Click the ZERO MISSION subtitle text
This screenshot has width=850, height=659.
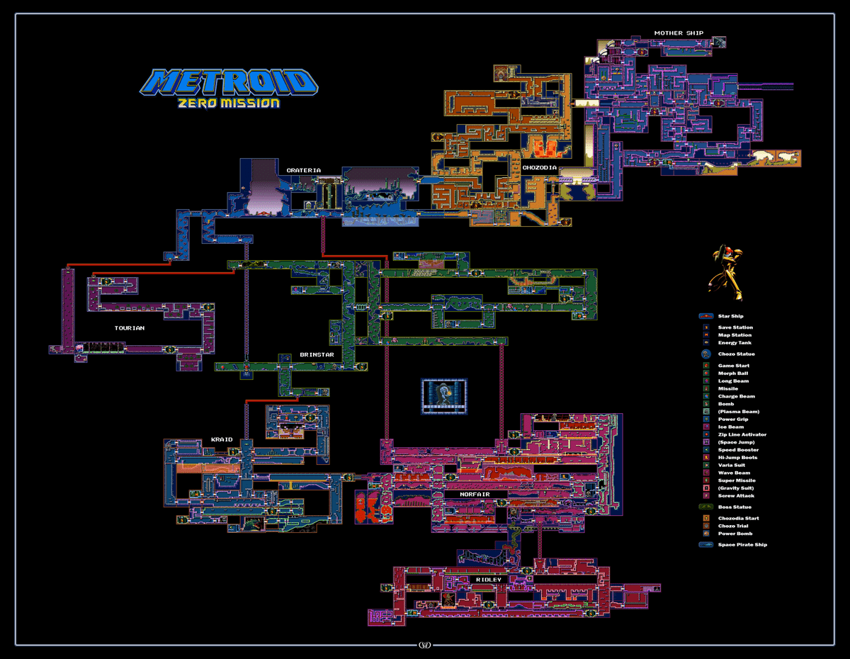(x=229, y=103)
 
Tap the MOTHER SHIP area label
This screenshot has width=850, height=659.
(x=679, y=33)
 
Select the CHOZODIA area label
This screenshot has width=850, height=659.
(x=539, y=168)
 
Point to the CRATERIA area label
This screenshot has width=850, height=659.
(x=303, y=170)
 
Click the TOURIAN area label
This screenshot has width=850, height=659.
(x=130, y=328)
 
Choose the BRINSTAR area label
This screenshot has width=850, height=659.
(x=316, y=354)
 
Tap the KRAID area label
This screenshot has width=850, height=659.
(x=221, y=439)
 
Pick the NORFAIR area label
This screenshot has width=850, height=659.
(x=474, y=494)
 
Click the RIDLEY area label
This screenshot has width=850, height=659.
(x=488, y=580)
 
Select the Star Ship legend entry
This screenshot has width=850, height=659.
(x=730, y=316)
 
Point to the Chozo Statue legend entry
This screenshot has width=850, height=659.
(x=736, y=354)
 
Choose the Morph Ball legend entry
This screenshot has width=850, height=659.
(x=732, y=373)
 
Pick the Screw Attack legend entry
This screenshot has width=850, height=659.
(x=735, y=496)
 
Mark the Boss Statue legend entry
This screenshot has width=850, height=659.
(x=735, y=507)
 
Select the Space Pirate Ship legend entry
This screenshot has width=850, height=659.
(x=742, y=545)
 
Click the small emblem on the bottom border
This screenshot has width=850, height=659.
(x=425, y=645)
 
